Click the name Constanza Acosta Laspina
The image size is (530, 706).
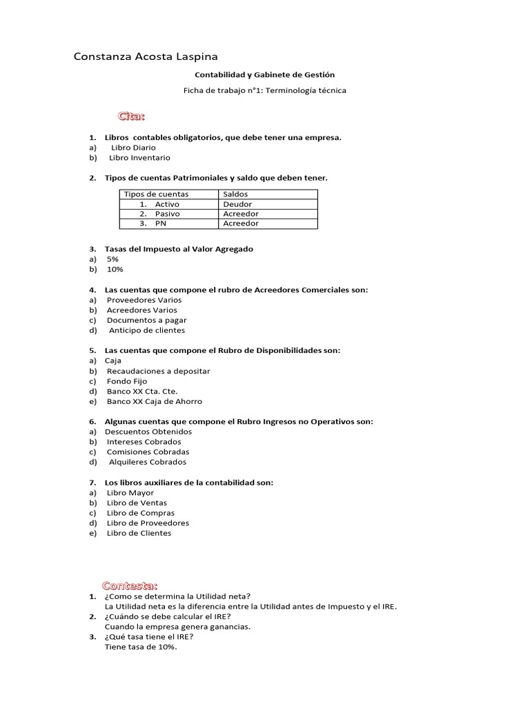coord(146,56)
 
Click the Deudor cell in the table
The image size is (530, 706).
coord(237,204)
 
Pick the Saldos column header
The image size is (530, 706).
coord(235,194)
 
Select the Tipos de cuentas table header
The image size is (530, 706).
coord(155,194)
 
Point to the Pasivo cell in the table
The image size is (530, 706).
coord(167,214)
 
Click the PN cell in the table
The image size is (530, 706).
coord(161,223)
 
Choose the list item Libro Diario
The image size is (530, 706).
coord(133,148)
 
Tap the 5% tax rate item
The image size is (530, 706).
coord(112,259)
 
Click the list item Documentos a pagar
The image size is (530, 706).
coord(146,320)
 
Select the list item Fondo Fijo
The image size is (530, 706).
coord(126,381)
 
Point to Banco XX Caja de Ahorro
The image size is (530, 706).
coord(154,401)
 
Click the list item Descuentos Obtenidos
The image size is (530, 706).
coord(148,432)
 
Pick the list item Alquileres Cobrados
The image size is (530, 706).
coord(147,462)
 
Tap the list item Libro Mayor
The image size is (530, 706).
coord(130,493)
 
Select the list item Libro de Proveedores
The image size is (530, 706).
coord(148,523)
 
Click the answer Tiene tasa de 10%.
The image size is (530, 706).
coord(141,647)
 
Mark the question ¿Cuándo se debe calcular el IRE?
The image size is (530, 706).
coord(167,616)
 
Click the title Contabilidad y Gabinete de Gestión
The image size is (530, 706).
coord(264,74)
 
